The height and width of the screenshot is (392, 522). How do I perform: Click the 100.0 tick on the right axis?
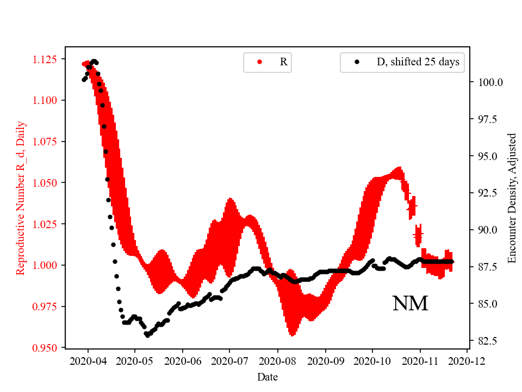[x=490, y=82]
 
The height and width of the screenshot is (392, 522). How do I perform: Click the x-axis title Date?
[x=268, y=377]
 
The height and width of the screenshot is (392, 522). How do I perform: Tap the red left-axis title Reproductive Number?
[x=21, y=198]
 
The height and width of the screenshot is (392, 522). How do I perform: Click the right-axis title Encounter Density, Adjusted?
[x=512, y=198]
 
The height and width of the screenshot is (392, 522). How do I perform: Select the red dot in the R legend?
[x=259, y=62]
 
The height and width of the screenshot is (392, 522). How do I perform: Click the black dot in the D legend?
[x=357, y=62]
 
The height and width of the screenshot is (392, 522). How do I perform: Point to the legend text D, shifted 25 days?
[x=418, y=62]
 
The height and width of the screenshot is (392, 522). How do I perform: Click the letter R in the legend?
[x=283, y=62]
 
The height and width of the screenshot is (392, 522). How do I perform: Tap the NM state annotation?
[x=410, y=304]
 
